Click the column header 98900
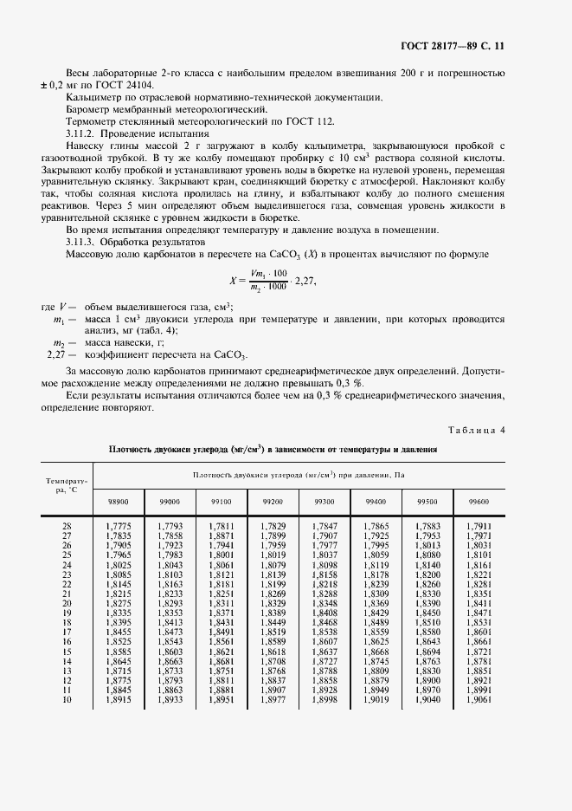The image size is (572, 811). pyautogui.click(x=118, y=502)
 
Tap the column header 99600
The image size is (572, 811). pyautogui.click(x=479, y=502)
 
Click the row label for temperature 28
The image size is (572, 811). pyautogui.click(x=67, y=526)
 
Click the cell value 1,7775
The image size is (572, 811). pyautogui.click(x=118, y=526)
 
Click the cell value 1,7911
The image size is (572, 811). pyautogui.click(x=479, y=526)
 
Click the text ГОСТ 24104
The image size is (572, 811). pyautogui.click(x=108, y=87)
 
